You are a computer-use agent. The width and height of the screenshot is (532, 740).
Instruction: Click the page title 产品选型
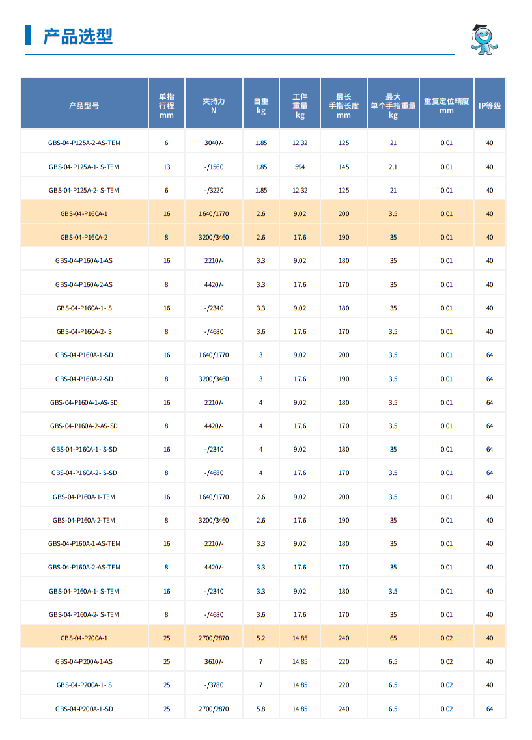(x=77, y=36)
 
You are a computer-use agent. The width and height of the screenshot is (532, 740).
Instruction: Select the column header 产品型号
(x=84, y=105)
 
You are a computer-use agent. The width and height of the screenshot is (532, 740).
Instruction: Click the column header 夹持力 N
(x=214, y=105)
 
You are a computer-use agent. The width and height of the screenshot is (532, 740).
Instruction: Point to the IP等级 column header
(x=490, y=105)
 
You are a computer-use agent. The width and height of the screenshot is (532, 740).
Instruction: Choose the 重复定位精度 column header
(x=446, y=105)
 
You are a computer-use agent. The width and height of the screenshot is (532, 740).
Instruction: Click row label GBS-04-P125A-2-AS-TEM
(x=84, y=143)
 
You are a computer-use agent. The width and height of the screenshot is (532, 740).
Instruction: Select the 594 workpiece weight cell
(x=300, y=167)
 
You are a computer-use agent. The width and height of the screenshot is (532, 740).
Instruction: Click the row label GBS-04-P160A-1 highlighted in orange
(x=84, y=213)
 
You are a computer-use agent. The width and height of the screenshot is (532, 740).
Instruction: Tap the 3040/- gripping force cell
(x=214, y=143)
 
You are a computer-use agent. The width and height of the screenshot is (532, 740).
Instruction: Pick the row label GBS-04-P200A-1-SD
(x=84, y=709)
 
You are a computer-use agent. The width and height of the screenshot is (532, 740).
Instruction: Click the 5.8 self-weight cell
(x=260, y=709)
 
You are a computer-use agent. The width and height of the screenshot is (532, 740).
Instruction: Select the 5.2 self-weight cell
(x=260, y=638)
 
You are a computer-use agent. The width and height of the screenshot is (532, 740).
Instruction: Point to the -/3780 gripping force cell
(x=214, y=685)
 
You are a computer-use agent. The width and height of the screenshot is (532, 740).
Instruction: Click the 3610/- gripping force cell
(x=214, y=661)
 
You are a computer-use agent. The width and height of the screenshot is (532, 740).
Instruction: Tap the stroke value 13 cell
(x=167, y=167)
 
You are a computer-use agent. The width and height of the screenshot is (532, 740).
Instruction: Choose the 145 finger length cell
(x=344, y=167)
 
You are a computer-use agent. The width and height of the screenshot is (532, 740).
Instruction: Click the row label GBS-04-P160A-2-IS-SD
(x=84, y=473)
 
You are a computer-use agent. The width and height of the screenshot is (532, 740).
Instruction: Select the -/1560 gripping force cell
(x=214, y=167)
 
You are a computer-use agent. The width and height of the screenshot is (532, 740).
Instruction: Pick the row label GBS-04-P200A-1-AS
(x=84, y=661)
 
